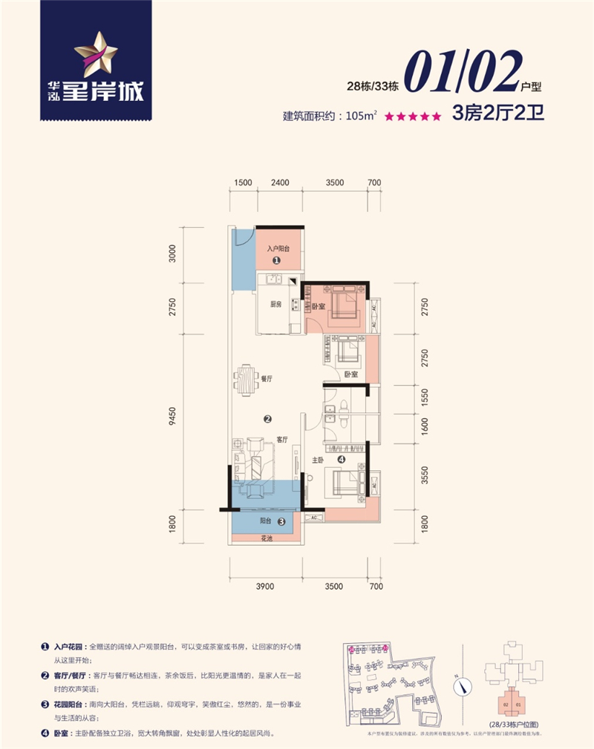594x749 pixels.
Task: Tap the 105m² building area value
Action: [x=362, y=116]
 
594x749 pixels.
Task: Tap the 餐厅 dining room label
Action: [x=267, y=378]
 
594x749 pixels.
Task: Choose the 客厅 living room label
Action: [x=281, y=438]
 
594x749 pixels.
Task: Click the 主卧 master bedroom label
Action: [x=319, y=460]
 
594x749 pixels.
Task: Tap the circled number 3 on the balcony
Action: [x=281, y=521]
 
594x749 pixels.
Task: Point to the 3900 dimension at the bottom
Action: [x=265, y=587]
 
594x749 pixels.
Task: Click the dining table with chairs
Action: [x=246, y=379]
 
